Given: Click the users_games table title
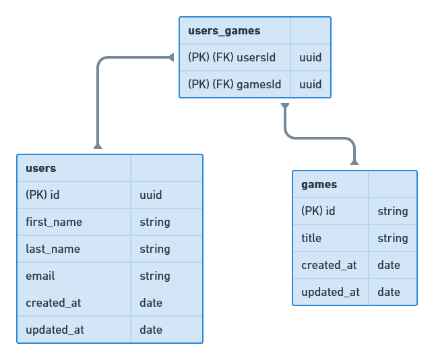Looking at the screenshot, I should (224, 31).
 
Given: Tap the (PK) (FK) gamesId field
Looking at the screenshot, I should (234, 85).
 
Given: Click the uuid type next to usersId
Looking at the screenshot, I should (310, 58).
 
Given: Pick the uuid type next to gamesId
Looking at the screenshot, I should (310, 85).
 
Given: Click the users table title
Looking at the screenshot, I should (40, 169).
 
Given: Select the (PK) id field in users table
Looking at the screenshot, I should (42, 196).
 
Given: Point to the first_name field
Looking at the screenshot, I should (53, 222).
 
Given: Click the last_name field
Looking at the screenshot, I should (53, 249).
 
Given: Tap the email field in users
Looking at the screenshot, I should (40, 276).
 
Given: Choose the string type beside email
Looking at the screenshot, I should (154, 276).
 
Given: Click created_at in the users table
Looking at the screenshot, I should (53, 303).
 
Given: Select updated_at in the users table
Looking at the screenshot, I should (55, 330).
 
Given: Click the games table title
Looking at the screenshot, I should (319, 185).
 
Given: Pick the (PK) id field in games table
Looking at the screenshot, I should (318, 212).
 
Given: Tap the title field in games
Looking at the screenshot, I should (311, 239).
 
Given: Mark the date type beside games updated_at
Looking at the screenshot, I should (389, 293).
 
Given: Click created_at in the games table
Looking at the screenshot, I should (329, 266).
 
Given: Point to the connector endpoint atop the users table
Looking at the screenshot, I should (98, 146).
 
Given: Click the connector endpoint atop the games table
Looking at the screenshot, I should (354, 161).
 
